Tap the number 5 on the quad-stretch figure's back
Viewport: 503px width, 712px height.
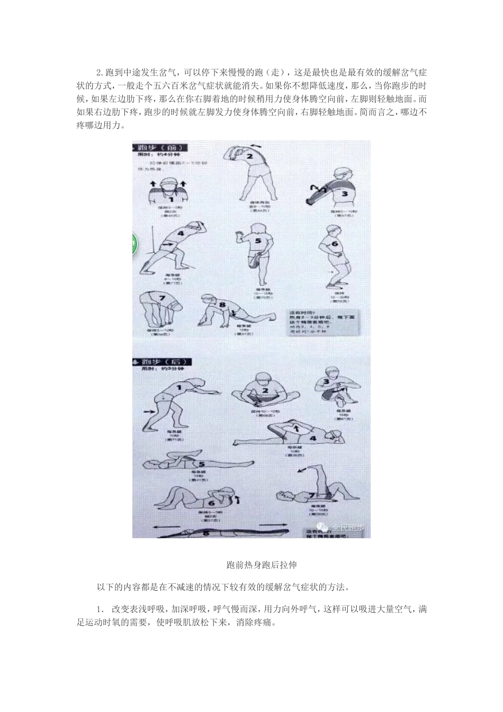click(x=258, y=240)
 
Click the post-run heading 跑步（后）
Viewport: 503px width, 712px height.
click(x=163, y=361)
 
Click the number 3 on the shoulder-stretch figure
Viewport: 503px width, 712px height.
click(x=344, y=193)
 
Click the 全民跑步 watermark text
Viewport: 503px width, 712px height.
click(x=347, y=527)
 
